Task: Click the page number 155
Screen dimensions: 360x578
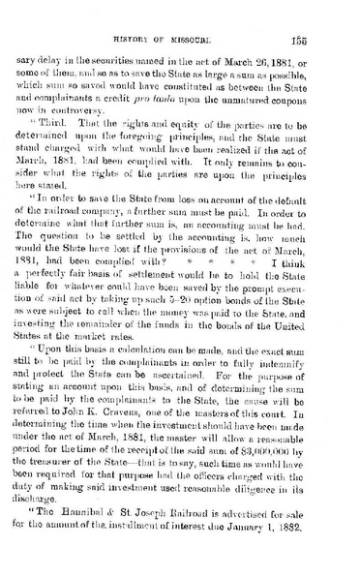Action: [326, 25]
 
